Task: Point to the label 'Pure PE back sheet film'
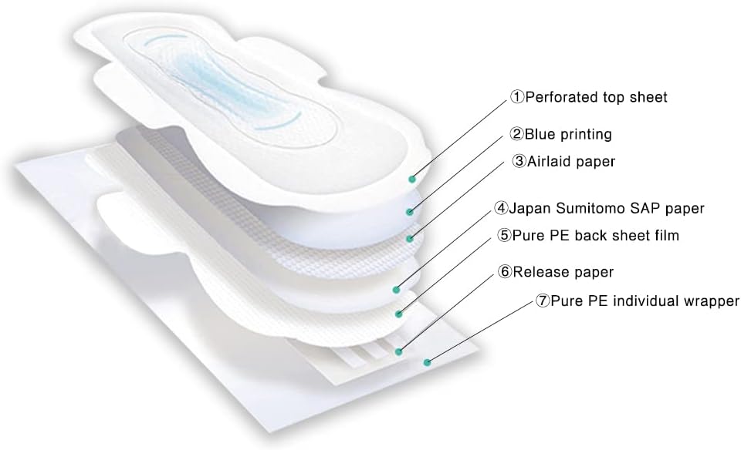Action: coord(587,236)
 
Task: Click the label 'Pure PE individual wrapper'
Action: coord(638,301)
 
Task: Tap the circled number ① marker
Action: coord(516,97)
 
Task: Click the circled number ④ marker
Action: coord(502,208)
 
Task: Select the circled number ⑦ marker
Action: coord(543,301)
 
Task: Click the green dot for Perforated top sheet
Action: coord(414,178)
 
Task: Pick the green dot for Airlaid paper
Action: coord(410,238)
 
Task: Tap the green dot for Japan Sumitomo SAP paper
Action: coord(395,290)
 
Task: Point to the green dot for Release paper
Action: coord(398,351)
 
